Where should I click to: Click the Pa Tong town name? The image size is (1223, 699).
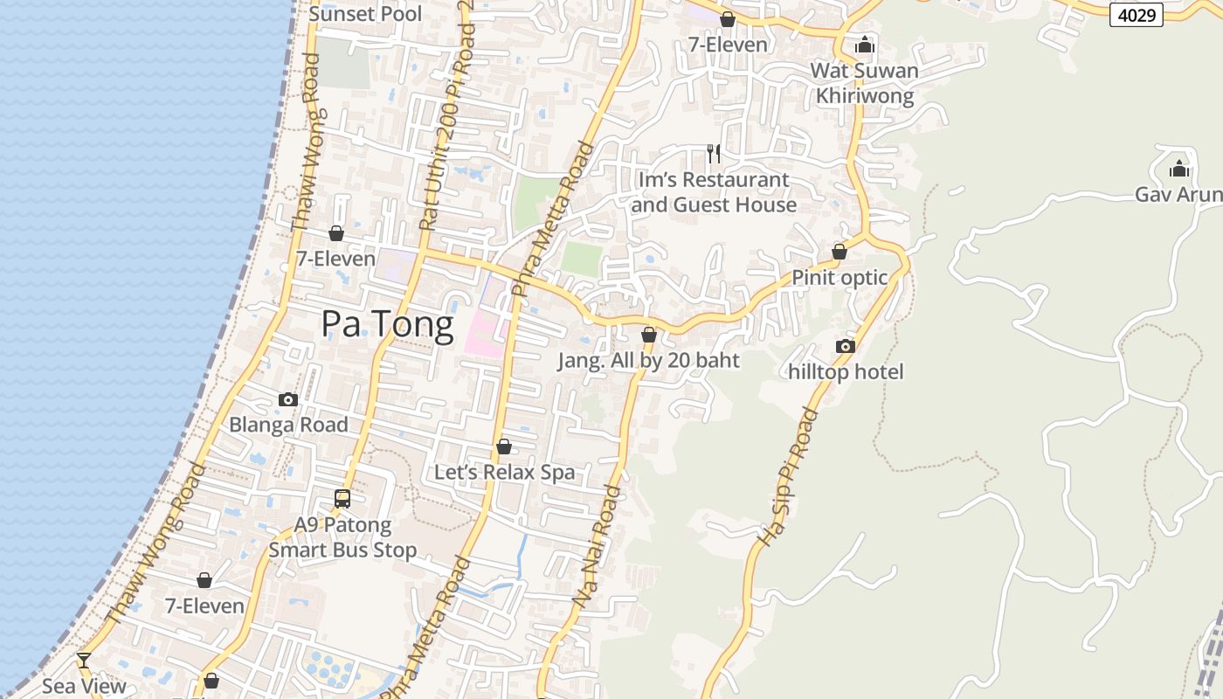pyautogui.click(x=387, y=324)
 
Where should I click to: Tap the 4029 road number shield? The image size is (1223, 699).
pyautogui.click(x=1136, y=14)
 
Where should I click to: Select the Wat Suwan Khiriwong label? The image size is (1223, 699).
pyautogui.click(x=864, y=83)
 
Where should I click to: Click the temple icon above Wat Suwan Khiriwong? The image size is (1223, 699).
pyautogui.click(x=865, y=45)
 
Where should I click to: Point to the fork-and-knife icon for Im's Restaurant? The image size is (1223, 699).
pyautogui.click(x=714, y=154)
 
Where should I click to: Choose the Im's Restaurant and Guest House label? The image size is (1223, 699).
pyautogui.click(x=714, y=192)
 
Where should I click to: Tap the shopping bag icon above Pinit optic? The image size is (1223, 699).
pyautogui.click(x=840, y=252)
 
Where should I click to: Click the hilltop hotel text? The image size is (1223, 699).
pyautogui.click(x=846, y=372)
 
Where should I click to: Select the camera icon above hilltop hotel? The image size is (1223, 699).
pyautogui.click(x=845, y=346)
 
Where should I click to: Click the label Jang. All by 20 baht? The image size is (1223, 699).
pyautogui.click(x=649, y=361)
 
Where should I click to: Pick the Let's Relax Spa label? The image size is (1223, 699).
pyautogui.click(x=505, y=473)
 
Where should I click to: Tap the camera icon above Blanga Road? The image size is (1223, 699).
pyautogui.click(x=288, y=399)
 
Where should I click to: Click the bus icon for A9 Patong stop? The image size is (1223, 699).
pyautogui.click(x=342, y=499)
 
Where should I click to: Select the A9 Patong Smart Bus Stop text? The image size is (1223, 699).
pyautogui.click(x=342, y=537)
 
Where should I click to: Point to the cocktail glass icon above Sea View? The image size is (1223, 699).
pyautogui.click(x=84, y=661)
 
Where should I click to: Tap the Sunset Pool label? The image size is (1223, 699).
pyautogui.click(x=365, y=13)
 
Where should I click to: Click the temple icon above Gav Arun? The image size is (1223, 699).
pyautogui.click(x=1179, y=169)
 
